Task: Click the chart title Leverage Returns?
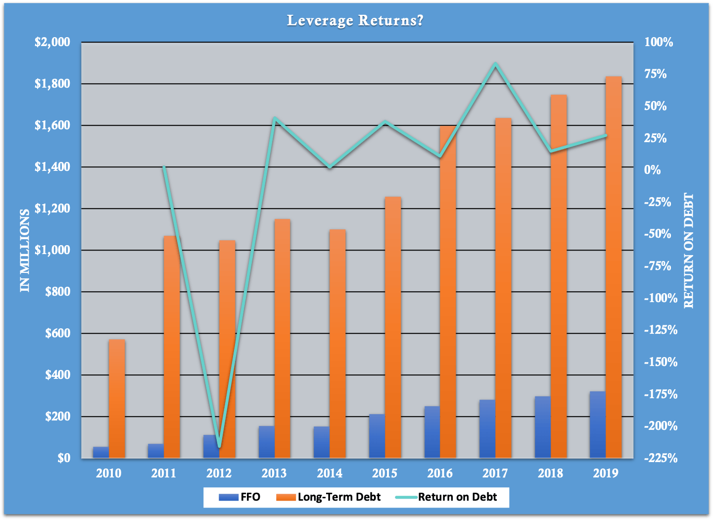pyautogui.click(x=355, y=20)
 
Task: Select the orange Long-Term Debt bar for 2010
pyautogui.click(x=117, y=399)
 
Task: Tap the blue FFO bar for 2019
pyautogui.click(x=598, y=424)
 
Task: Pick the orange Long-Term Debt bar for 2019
pyautogui.click(x=614, y=267)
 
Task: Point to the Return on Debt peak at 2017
pyautogui.click(x=495, y=64)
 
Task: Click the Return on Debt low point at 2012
pyautogui.click(x=219, y=446)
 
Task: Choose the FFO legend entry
pyautogui.click(x=240, y=497)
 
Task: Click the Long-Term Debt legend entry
pyautogui.click(x=329, y=497)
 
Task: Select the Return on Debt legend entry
pyautogui.click(x=447, y=497)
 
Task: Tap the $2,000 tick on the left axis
pyautogui.click(x=52, y=42)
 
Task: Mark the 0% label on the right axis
pyautogui.click(x=653, y=170)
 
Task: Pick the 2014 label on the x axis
pyautogui.click(x=330, y=473)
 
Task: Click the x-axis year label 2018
pyautogui.click(x=550, y=473)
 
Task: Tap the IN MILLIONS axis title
pyautogui.click(x=25, y=250)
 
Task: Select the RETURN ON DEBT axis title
pyautogui.click(x=689, y=250)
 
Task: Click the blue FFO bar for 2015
pyautogui.click(x=377, y=436)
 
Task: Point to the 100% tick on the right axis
pyautogui.click(x=659, y=42)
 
